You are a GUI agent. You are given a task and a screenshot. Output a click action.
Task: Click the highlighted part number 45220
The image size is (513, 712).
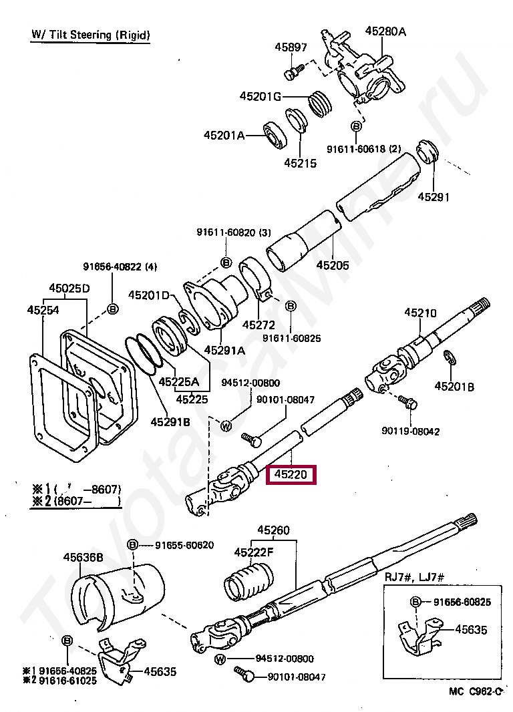click(291, 476)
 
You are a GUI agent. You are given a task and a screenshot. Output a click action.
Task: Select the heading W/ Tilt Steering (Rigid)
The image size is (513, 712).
click(90, 34)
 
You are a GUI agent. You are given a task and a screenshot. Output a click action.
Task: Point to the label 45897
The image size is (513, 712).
click(291, 47)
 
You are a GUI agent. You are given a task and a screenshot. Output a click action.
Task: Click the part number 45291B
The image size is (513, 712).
click(170, 421)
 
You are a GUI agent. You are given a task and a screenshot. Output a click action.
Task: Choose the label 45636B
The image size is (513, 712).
click(83, 556)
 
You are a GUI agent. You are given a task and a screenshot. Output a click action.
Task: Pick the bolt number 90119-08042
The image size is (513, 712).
click(410, 431)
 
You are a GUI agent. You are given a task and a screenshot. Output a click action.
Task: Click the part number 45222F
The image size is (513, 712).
click(254, 552)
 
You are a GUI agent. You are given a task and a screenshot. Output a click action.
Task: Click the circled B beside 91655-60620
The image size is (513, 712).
click(133, 545)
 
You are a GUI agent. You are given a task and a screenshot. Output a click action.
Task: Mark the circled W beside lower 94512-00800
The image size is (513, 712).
click(220, 660)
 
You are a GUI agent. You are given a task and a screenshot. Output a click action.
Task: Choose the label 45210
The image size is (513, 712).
click(419, 313)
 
